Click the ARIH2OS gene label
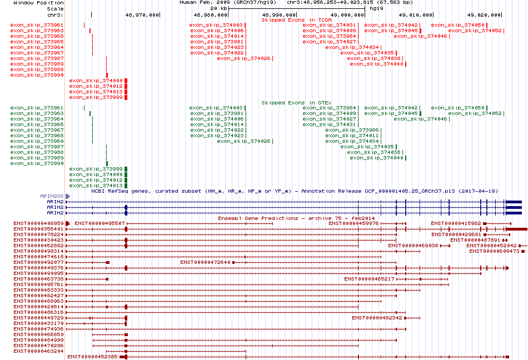point(52,196)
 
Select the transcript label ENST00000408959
point(38,223)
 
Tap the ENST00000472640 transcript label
point(206,262)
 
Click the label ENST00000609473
point(494,251)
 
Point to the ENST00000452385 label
point(93,357)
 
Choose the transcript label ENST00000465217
point(370,279)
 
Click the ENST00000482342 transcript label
point(377,318)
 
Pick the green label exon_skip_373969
point(37,141)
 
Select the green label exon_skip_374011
point(352,136)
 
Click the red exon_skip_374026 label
point(243,58)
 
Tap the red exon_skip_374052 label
point(475,31)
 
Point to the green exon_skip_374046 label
point(420,119)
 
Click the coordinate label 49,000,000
point(347,15)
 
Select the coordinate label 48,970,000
point(142,15)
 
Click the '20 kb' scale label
point(219,8)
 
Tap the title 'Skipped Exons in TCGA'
point(297,20)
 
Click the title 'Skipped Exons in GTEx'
point(297,103)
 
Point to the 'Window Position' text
point(38,3)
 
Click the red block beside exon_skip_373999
point(126,98)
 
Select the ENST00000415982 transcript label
point(456,223)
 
